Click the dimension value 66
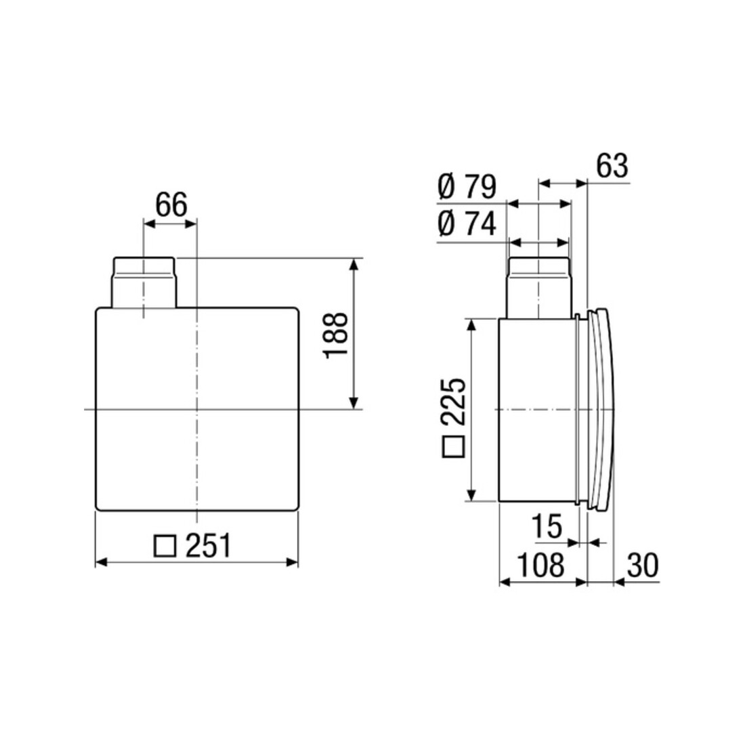pyautogui.click(x=171, y=205)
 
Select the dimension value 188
pyautogui.click(x=336, y=335)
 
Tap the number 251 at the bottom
pyautogui.click(x=208, y=545)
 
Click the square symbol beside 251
pyautogui.click(x=165, y=547)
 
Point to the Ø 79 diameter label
pyautogui.click(x=467, y=187)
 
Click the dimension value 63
pyautogui.click(x=612, y=166)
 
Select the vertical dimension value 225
pyautogui.click(x=452, y=402)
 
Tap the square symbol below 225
pyautogui.click(x=453, y=446)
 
